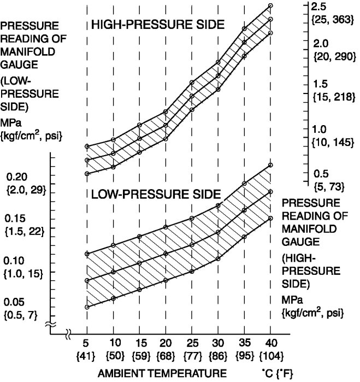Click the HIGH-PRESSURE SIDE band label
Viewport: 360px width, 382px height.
157,25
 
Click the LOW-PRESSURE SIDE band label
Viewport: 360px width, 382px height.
156,194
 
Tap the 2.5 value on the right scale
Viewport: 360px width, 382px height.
319,7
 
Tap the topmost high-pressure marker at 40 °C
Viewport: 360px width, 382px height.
270,5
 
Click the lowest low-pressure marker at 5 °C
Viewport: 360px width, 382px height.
87,307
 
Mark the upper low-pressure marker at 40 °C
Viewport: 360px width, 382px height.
270,165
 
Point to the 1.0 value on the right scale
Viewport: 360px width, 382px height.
318,130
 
